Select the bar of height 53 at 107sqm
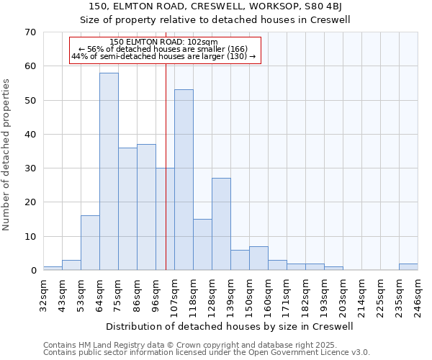click(x=184, y=180)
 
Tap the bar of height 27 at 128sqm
click(x=221, y=224)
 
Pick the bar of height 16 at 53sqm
click(x=90, y=243)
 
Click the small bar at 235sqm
click(x=408, y=267)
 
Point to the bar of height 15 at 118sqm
click(x=202, y=245)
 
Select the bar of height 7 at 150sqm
click(x=258, y=258)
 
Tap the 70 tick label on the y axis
click(x=30, y=32)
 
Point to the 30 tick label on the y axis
click(x=30, y=168)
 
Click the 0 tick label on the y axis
click(x=33, y=271)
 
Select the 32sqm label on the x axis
click(x=43, y=292)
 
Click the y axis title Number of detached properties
click(x=6, y=155)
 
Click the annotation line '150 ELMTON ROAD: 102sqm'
click(x=165, y=42)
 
